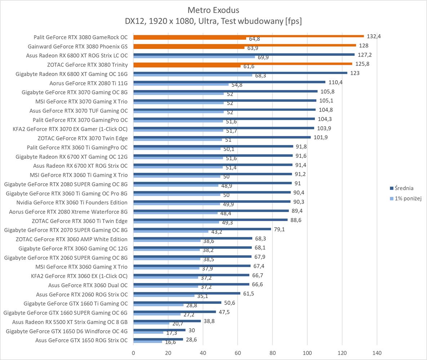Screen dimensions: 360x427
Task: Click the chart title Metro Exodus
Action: point(213,10)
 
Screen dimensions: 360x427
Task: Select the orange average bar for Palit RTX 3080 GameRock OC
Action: point(249,36)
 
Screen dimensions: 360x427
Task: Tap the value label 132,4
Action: point(374,36)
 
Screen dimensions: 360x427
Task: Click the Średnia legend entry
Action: point(404,188)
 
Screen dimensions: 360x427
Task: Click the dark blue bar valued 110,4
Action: point(229,82)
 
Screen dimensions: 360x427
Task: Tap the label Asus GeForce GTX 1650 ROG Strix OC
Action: point(81,340)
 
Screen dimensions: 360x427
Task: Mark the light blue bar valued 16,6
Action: point(148,341)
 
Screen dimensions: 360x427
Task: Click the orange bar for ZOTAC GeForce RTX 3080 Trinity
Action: point(243,64)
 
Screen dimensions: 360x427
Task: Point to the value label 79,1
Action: point(279,229)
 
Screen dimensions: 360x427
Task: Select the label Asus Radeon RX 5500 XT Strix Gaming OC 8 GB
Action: point(70,322)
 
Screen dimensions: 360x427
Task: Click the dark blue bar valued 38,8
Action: point(167,321)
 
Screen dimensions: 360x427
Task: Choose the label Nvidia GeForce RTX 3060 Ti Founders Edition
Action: point(72,203)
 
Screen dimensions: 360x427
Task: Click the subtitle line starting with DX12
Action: point(213,21)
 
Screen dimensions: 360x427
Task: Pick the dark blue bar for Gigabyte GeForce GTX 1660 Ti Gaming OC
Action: point(177,302)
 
